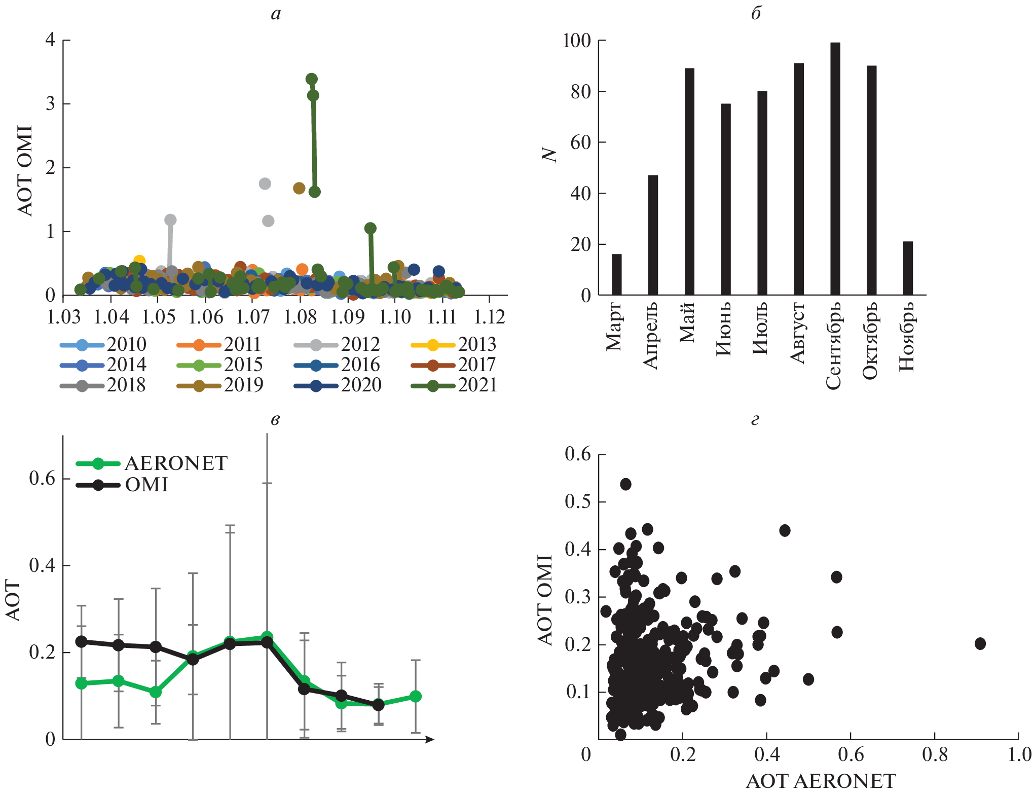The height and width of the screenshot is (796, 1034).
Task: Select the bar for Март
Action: tap(616, 274)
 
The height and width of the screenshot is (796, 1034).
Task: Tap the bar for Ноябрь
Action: tap(908, 268)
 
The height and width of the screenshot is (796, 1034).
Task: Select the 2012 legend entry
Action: tap(337, 345)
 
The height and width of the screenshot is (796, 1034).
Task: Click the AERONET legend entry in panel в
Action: tap(152, 463)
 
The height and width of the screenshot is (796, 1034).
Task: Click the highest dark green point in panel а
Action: tap(312, 79)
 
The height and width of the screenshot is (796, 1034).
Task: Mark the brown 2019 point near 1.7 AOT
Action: tap(299, 188)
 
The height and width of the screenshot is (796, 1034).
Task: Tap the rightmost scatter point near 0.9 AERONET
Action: tap(980, 643)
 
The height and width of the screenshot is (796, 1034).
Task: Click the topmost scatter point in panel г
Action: tap(625, 484)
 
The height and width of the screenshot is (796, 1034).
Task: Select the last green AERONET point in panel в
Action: tap(416, 696)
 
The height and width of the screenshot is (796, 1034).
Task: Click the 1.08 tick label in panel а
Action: tap(300, 317)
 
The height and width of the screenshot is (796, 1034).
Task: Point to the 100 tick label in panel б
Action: tap(577, 41)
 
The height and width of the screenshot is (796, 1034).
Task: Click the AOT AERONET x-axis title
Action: tap(821, 781)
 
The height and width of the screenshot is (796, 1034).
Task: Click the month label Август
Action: tap(798, 333)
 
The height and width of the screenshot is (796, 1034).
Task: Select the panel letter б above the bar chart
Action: tap(756, 14)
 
